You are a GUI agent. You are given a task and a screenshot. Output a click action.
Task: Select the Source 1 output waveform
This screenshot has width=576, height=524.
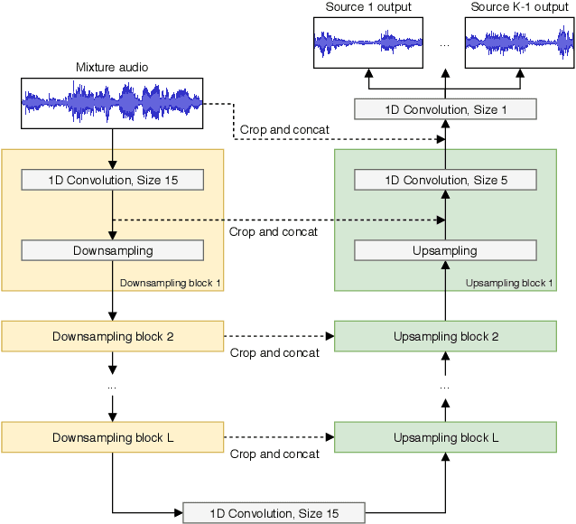[368, 42]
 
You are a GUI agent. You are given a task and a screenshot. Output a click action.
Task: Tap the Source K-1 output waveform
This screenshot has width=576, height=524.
[519, 42]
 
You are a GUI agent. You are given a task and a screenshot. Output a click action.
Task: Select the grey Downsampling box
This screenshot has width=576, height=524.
[112, 250]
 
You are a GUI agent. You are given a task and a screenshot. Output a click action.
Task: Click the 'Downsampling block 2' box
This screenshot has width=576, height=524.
[112, 337]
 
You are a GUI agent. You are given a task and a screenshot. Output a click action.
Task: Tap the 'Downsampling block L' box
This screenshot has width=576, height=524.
[112, 437]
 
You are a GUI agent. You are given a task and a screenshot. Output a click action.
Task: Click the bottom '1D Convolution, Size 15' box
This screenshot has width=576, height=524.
[274, 513]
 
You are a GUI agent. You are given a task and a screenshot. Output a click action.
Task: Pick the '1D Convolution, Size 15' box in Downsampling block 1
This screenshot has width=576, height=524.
[112, 180]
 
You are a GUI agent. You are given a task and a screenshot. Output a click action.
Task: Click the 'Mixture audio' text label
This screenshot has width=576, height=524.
[112, 67]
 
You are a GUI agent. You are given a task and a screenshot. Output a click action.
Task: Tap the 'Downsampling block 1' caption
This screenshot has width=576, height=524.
[171, 283]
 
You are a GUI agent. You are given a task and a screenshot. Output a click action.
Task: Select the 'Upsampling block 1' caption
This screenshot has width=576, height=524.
[509, 283]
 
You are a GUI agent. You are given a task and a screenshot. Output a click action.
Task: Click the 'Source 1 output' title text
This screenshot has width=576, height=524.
[368, 7]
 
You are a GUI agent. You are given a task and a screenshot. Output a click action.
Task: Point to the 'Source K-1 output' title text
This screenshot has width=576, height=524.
[519, 7]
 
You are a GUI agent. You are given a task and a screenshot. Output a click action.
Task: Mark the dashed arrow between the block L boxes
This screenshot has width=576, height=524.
[278, 437]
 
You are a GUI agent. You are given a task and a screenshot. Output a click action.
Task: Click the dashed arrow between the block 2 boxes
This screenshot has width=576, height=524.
[278, 336]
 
